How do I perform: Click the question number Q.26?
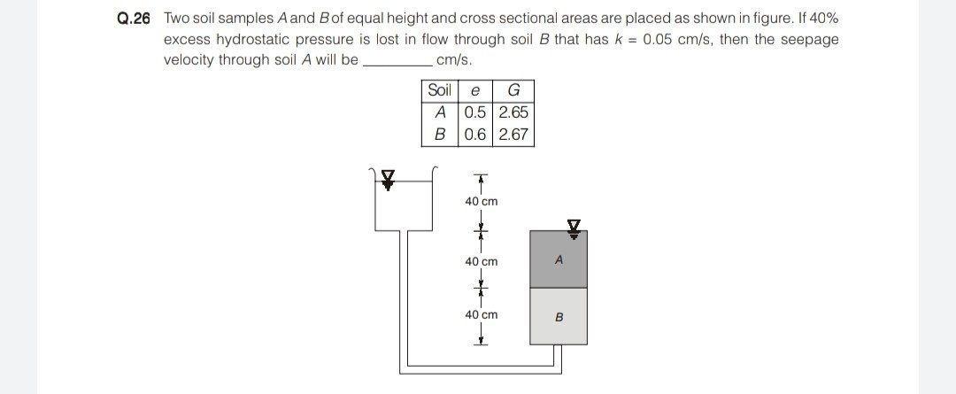click(x=134, y=19)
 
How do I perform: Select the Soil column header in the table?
click(x=439, y=90)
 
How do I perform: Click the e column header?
click(x=476, y=90)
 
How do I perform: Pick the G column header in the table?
click(x=514, y=90)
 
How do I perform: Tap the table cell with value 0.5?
click(x=476, y=112)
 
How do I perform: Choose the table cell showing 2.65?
click(x=514, y=112)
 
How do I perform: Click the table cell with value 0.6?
click(x=476, y=135)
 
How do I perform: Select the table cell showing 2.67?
click(x=514, y=135)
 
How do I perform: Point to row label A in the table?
click(x=439, y=112)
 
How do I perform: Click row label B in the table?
click(x=439, y=135)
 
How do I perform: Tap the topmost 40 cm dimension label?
click(x=482, y=201)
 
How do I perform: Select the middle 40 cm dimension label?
click(x=482, y=261)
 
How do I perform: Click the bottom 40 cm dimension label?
click(x=482, y=314)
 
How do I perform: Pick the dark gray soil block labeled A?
click(x=559, y=259)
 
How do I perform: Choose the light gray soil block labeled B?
click(x=559, y=316)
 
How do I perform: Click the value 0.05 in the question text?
click(x=660, y=39)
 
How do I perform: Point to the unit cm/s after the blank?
click(x=454, y=59)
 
